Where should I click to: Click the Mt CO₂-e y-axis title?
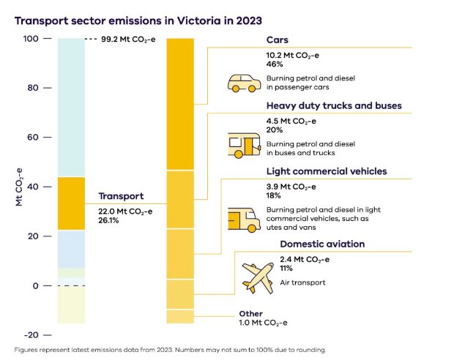pos(20,187)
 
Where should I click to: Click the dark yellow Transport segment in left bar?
pos(72,203)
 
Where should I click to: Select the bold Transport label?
pos(121,196)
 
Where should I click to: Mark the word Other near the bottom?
pos(250,313)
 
